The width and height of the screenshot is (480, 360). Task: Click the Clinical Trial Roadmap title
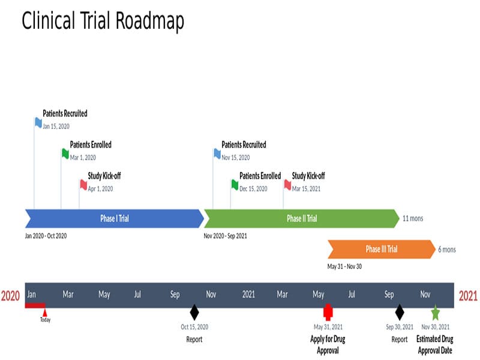(103, 22)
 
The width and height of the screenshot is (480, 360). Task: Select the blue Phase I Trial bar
(114, 218)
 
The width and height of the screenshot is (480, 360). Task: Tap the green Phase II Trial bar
(301, 218)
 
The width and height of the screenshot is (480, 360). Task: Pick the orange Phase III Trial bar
(381, 249)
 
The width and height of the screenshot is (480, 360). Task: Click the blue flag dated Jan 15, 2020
(38, 122)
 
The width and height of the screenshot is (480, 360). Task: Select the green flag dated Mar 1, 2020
(65, 154)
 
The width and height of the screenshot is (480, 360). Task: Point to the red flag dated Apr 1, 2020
(83, 184)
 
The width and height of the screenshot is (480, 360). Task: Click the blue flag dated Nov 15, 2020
(217, 154)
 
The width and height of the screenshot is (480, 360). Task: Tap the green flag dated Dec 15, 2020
(235, 184)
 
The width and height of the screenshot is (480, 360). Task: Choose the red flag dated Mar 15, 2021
(287, 184)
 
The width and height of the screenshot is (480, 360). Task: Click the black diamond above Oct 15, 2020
(194, 312)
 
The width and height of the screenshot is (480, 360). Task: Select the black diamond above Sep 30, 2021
(400, 312)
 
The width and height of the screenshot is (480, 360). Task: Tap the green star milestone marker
(435, 313)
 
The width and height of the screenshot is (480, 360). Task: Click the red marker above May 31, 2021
(328, 312)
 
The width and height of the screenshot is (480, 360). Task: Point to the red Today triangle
(45, 313)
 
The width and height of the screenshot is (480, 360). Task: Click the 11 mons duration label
(413, 218)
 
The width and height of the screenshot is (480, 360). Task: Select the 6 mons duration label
(446, 250)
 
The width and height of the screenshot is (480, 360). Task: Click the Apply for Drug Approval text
(328, 345)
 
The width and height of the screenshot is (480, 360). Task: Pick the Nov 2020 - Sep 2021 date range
(225, 236)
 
